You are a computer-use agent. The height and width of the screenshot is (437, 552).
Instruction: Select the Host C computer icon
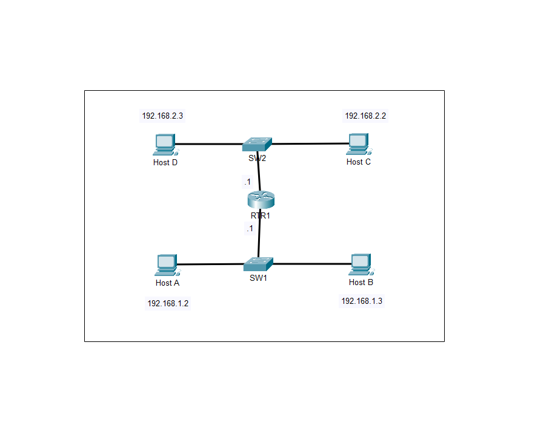[358, 144]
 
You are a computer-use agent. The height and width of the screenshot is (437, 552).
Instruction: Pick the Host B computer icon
[361, 264]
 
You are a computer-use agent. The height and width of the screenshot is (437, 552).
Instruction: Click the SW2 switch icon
[257, 144]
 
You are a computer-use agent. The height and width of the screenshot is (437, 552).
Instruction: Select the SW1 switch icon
[259, 264]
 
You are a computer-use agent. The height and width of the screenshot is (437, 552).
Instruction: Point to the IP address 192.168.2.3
[162, 116]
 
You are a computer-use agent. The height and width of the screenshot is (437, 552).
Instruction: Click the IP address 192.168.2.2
[365, 116]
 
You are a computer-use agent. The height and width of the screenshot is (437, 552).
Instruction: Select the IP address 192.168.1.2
[168, 303]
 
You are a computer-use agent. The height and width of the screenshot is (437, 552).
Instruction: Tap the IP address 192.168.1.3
[362, 301]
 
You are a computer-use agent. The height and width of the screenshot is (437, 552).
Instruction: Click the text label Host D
[165, 162]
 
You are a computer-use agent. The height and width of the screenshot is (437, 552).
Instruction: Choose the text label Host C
[359, 162]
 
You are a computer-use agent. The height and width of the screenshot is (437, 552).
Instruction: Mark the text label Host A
[167, 283]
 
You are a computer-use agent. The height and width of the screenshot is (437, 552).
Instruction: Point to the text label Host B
[361, 282]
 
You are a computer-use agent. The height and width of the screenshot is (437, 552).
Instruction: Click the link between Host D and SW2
[209, 144]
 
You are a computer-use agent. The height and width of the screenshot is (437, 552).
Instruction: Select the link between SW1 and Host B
[312, 264]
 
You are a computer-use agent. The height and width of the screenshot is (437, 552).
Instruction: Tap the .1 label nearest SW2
[247, 182]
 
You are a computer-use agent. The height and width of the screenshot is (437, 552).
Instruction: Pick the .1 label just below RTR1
[249, 229]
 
